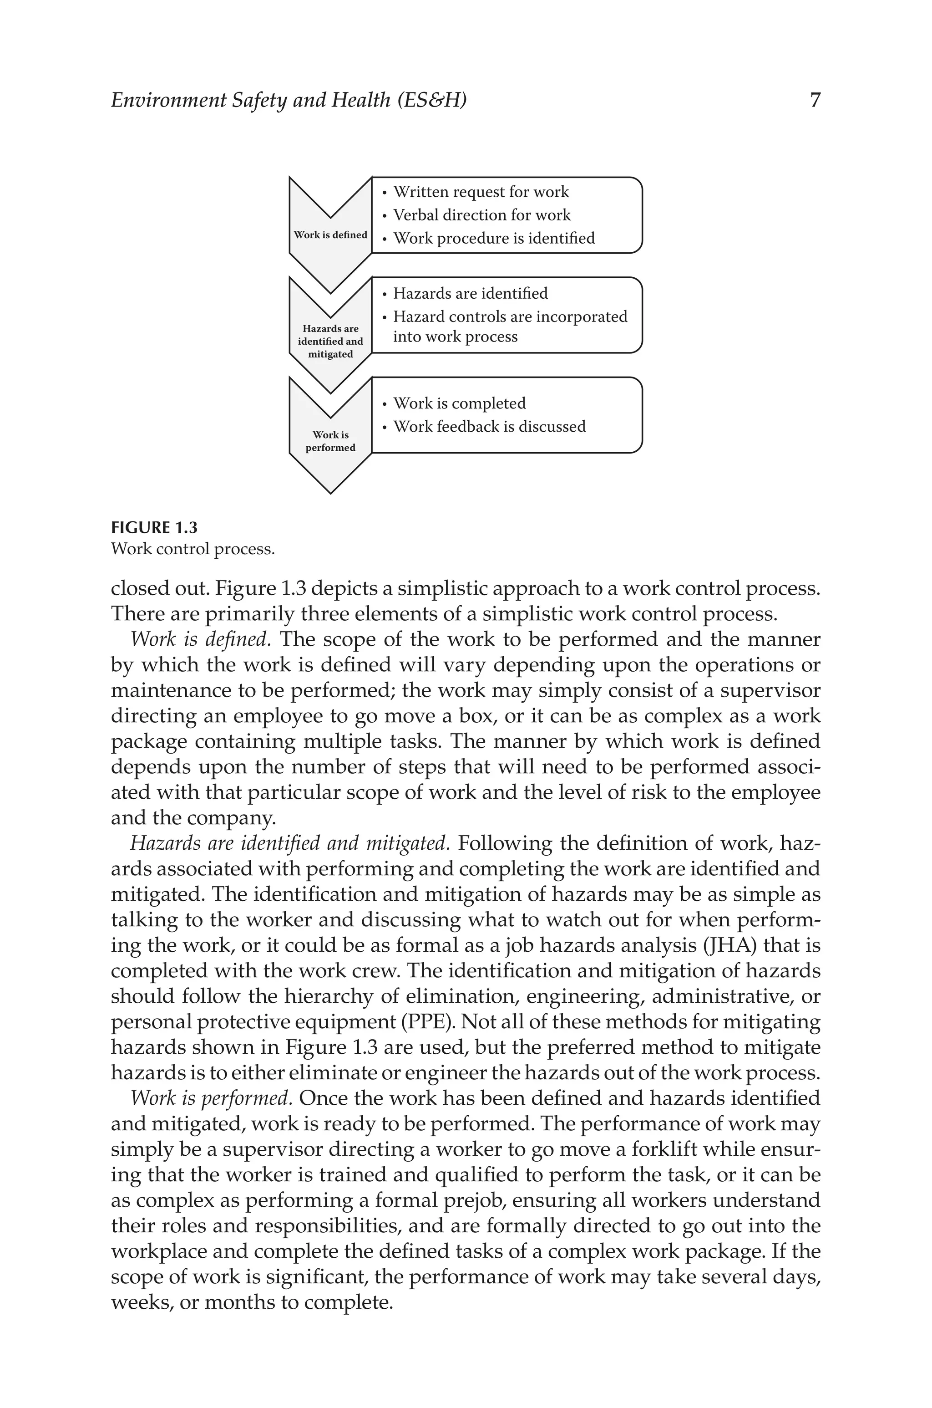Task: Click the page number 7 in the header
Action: [x=815, y=100]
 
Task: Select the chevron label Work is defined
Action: [x=330, y=235]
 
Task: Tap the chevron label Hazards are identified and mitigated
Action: [x=330, y=341]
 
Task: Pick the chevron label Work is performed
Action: [x=330, y=441]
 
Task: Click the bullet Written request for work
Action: [x=480, y=192]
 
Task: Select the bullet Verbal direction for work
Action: [x=481, y=215]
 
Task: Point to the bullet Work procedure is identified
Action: [x=493, y=239]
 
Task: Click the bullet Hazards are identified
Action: [x=470, y=294]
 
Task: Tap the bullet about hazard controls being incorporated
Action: [x=509, y=326]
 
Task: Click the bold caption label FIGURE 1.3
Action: [x=154, y=527]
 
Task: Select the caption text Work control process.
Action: [x=192, y=549]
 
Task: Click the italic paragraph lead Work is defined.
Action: [x=200, y=640]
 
